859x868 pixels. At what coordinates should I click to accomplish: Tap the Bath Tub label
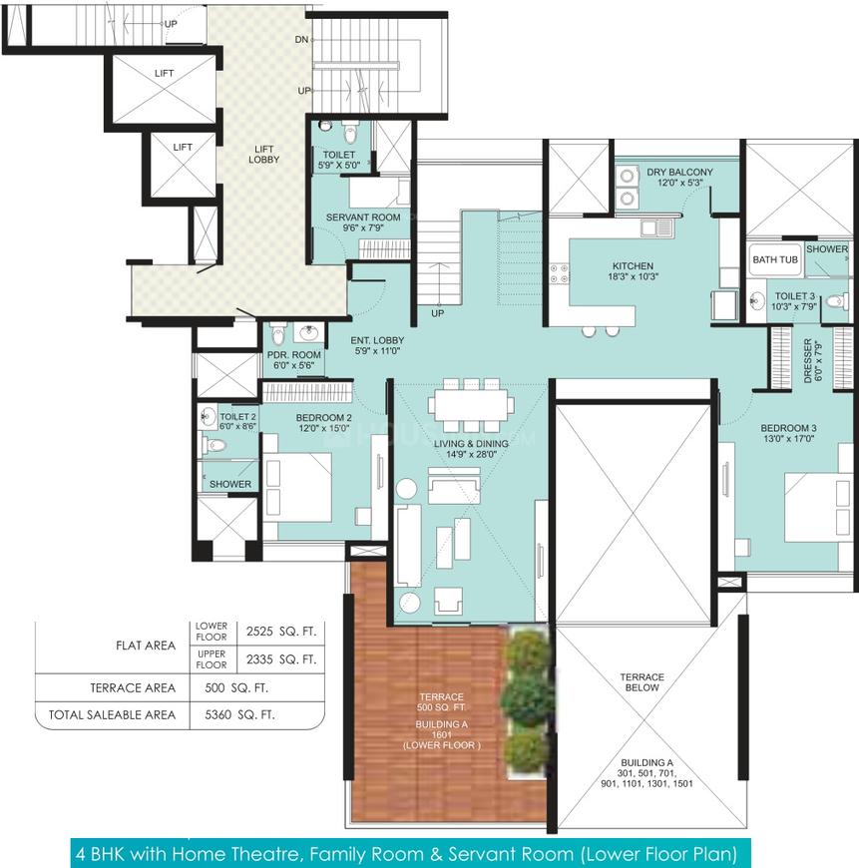pos(775,259)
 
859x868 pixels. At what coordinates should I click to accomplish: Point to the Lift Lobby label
pos(264,155)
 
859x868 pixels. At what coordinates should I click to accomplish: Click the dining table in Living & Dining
pos(471,405)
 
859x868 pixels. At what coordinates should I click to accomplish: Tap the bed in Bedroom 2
pos(297,487)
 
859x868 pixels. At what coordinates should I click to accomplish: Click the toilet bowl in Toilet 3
pos(836,302)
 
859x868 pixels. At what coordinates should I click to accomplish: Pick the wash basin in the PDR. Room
pos(307,333)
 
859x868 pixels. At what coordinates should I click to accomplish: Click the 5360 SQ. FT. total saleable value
pos(239,714)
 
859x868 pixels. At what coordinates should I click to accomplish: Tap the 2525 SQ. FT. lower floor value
pos(281,632)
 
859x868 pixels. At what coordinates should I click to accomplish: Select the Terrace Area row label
pos(133,688)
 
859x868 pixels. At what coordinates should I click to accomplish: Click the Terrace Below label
pos(643,682)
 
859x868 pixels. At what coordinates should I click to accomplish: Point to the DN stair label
pos(301,40)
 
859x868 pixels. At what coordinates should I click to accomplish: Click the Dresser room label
pos(812,360)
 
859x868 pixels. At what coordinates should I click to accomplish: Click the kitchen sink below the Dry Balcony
pos(656,228)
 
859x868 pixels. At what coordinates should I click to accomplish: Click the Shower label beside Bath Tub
pos(827,249)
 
